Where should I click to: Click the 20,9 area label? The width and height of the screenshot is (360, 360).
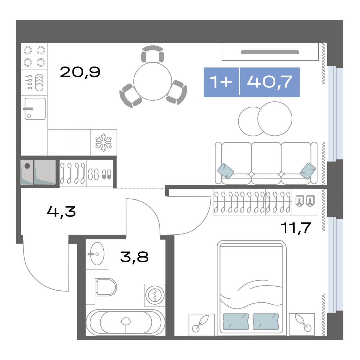pyautogui.click(x=80, y=72)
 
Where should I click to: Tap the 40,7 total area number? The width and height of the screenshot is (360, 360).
pyautogui.click(x=269, y=82)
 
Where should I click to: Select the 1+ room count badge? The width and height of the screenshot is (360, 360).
pyautogui.click(x=221, y=82)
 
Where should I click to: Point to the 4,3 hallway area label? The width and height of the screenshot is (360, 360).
pyautogui.click(x=61, y=212)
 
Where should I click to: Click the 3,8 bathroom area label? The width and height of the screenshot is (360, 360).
pyautogui.click(x=134, y=257)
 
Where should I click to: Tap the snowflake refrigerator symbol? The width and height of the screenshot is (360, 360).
pyautogui.click(x=104, y=142)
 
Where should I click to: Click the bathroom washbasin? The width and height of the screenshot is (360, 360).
pyautogui.click(x=97, y=254)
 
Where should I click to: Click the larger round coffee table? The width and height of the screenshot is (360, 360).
pyautogui.click(x=275, y=119)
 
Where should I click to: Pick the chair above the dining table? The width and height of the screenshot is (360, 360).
pyautogui.click(x=153, y=54)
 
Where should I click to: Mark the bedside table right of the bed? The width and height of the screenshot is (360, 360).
pyautogui.click(x=302, y=329)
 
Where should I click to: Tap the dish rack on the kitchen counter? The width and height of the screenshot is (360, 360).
pyautogui.click(x=34, y=82)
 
